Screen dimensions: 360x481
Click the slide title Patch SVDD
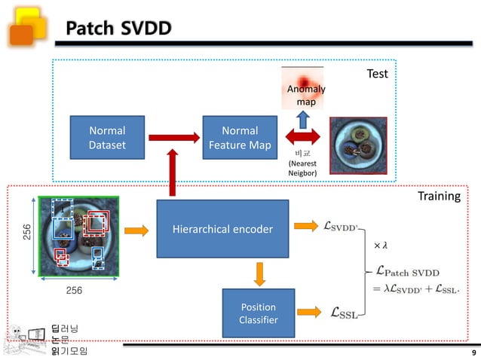(118, 29)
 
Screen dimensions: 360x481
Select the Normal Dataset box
(107, 137)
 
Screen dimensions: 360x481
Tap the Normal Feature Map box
(240, 137)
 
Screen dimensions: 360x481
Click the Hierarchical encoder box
(222, 229)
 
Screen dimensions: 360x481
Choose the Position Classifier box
(258, 313)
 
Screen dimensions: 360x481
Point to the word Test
(377, 74)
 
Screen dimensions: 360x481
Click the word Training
(438, 197)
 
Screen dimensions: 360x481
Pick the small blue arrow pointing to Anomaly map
(302, 118)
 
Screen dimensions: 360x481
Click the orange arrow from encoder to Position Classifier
(259, 273)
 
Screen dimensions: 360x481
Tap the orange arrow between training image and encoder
(136, 229)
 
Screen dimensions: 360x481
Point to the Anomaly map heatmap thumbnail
(302, 87)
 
